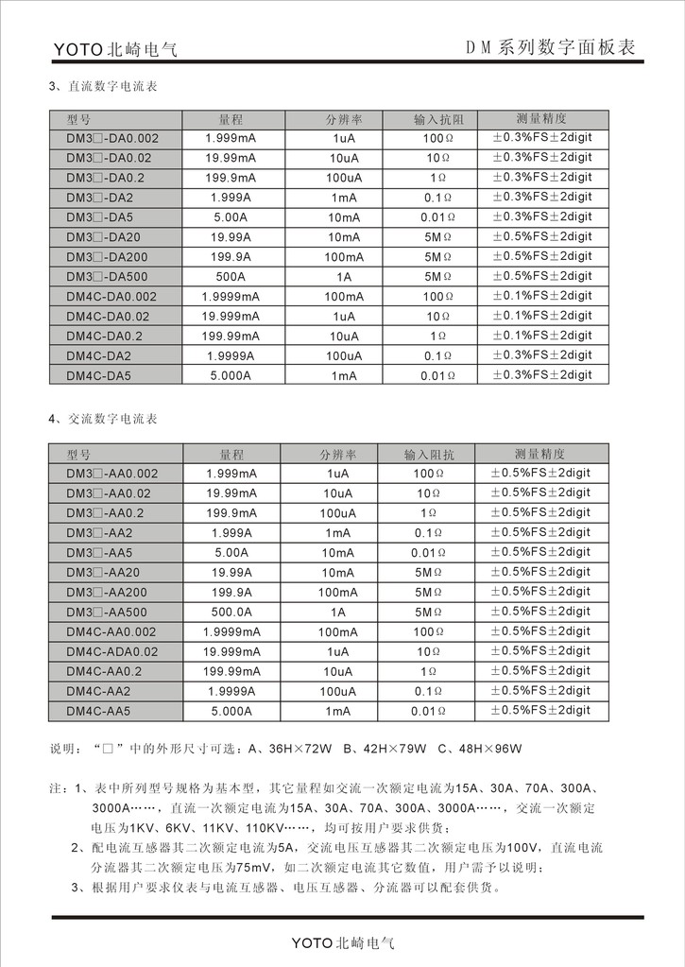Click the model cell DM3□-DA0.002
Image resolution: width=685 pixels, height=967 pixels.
(x=112, y=139)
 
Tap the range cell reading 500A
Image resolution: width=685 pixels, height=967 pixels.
(x=231, y=277)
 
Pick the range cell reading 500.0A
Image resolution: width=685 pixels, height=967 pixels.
(x=231, y=612)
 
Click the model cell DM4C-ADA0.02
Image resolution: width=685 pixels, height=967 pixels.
(x=112, y=651)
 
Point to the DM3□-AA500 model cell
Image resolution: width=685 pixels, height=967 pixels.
(x=106, y=612)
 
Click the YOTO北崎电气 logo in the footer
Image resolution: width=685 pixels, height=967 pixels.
(x=342, y=942)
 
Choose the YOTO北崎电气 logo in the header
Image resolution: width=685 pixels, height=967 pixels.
(x=115, y=49)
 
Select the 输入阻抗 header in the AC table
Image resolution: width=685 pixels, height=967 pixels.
(x=429, y=454)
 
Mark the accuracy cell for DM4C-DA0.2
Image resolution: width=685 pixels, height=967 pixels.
(x=541, y=336)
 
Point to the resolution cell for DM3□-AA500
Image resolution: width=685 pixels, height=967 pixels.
(x=337, y=612)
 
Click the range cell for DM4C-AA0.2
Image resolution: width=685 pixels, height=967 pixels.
(x=231, y=671)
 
